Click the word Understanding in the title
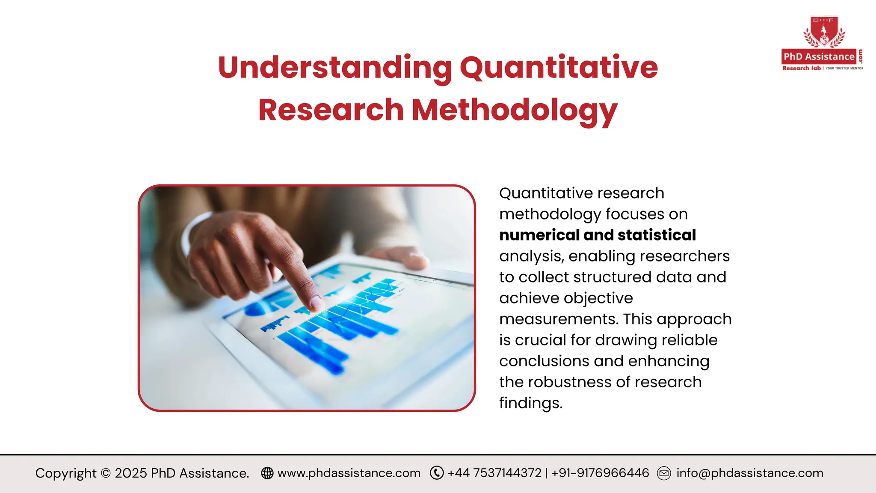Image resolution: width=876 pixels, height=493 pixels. (335, 68)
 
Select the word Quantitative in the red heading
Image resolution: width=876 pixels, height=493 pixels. (559, 68)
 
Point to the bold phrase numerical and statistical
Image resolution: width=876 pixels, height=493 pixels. (598, 235)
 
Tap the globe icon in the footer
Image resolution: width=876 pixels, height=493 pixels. (267, 473)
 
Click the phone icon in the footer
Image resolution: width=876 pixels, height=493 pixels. (437, 473)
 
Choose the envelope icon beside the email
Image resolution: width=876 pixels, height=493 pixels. (664, 473)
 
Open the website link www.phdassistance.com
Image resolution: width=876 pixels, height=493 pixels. (349, 473)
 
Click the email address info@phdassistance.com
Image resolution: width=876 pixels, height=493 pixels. (750, 473)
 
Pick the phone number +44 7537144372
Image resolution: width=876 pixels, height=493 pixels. (494, 473)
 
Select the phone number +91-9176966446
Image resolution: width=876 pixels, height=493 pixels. (600, 473)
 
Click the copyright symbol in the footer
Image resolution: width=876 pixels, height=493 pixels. (106, 473)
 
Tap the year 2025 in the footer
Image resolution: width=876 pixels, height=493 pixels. (131, 473)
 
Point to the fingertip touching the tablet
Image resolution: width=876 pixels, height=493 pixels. (317, 303)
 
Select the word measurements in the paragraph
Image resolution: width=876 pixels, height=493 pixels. (558, 319)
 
